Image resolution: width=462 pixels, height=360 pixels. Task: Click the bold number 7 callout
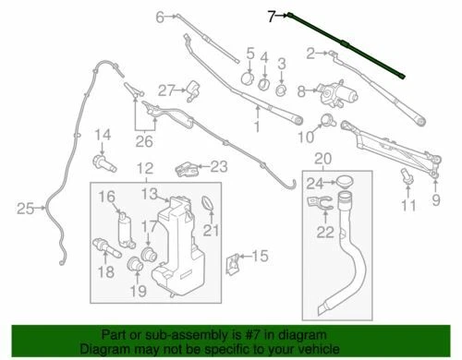pyautogui.click(x=271, y=16)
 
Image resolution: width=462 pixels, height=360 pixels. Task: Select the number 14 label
pyautogui.click(x=103, y=136)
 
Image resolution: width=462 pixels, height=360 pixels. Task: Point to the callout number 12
pyautogui.click(x=144, y=169)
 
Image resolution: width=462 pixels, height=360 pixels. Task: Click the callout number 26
pyautogui.click(x=144, y=141)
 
